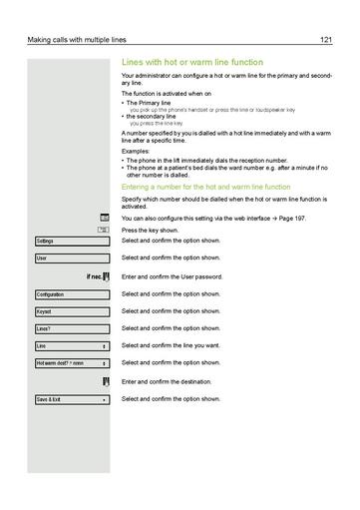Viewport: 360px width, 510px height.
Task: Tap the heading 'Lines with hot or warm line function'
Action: point(191,62)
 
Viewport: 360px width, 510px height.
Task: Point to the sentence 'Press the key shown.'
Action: point(151,230)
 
